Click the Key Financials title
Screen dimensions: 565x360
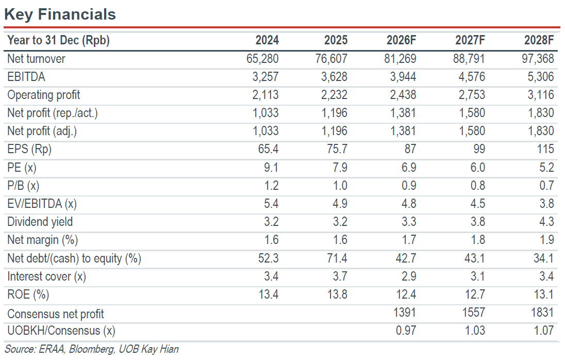click(60, 14)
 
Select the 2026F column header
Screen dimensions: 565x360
click(402, 40)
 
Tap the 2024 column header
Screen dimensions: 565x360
click(267, 40)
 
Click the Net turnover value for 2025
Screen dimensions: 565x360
click(331, 58)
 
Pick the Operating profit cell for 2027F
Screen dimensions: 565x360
click(472, 95)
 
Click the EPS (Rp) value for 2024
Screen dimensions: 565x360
click(268, 149)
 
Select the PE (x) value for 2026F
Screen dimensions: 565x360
click(409, 167)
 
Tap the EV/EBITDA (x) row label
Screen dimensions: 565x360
click(42, 204)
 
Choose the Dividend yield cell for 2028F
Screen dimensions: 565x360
click(546, 221)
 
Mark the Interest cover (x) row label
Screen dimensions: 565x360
click(46, 276)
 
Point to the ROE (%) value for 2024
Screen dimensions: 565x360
click(269, 294)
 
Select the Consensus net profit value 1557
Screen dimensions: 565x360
click(473, 313)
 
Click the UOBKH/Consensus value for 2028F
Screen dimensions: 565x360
click(544, 331)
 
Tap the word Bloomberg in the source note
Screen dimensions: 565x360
click(92, 349)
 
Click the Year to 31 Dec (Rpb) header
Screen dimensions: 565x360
click(58, 40)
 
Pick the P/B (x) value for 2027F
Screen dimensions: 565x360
click(478, 185)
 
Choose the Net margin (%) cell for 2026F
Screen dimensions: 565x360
click(409, 240)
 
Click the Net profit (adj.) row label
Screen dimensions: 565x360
click(42, 131)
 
